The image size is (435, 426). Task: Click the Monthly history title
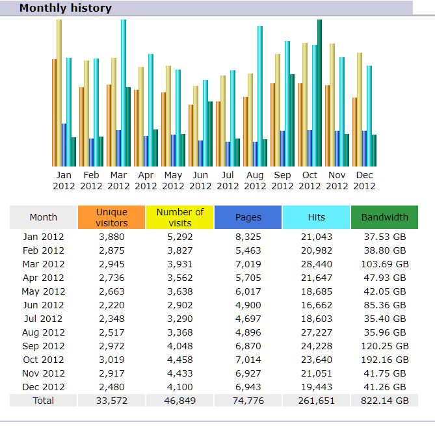65,8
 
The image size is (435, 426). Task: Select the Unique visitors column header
112,217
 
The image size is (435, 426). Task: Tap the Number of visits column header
180,217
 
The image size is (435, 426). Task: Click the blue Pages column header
248,217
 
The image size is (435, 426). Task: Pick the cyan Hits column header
316,217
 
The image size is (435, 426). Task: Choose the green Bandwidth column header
384,217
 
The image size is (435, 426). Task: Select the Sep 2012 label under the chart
282,180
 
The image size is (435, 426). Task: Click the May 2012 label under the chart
173,180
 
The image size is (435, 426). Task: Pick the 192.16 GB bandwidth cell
384,359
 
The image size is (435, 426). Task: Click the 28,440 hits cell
316,264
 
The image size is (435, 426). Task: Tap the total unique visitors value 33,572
112,401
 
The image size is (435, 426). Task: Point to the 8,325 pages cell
248,237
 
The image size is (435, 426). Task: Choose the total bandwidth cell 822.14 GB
384,401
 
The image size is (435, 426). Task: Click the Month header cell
44,217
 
